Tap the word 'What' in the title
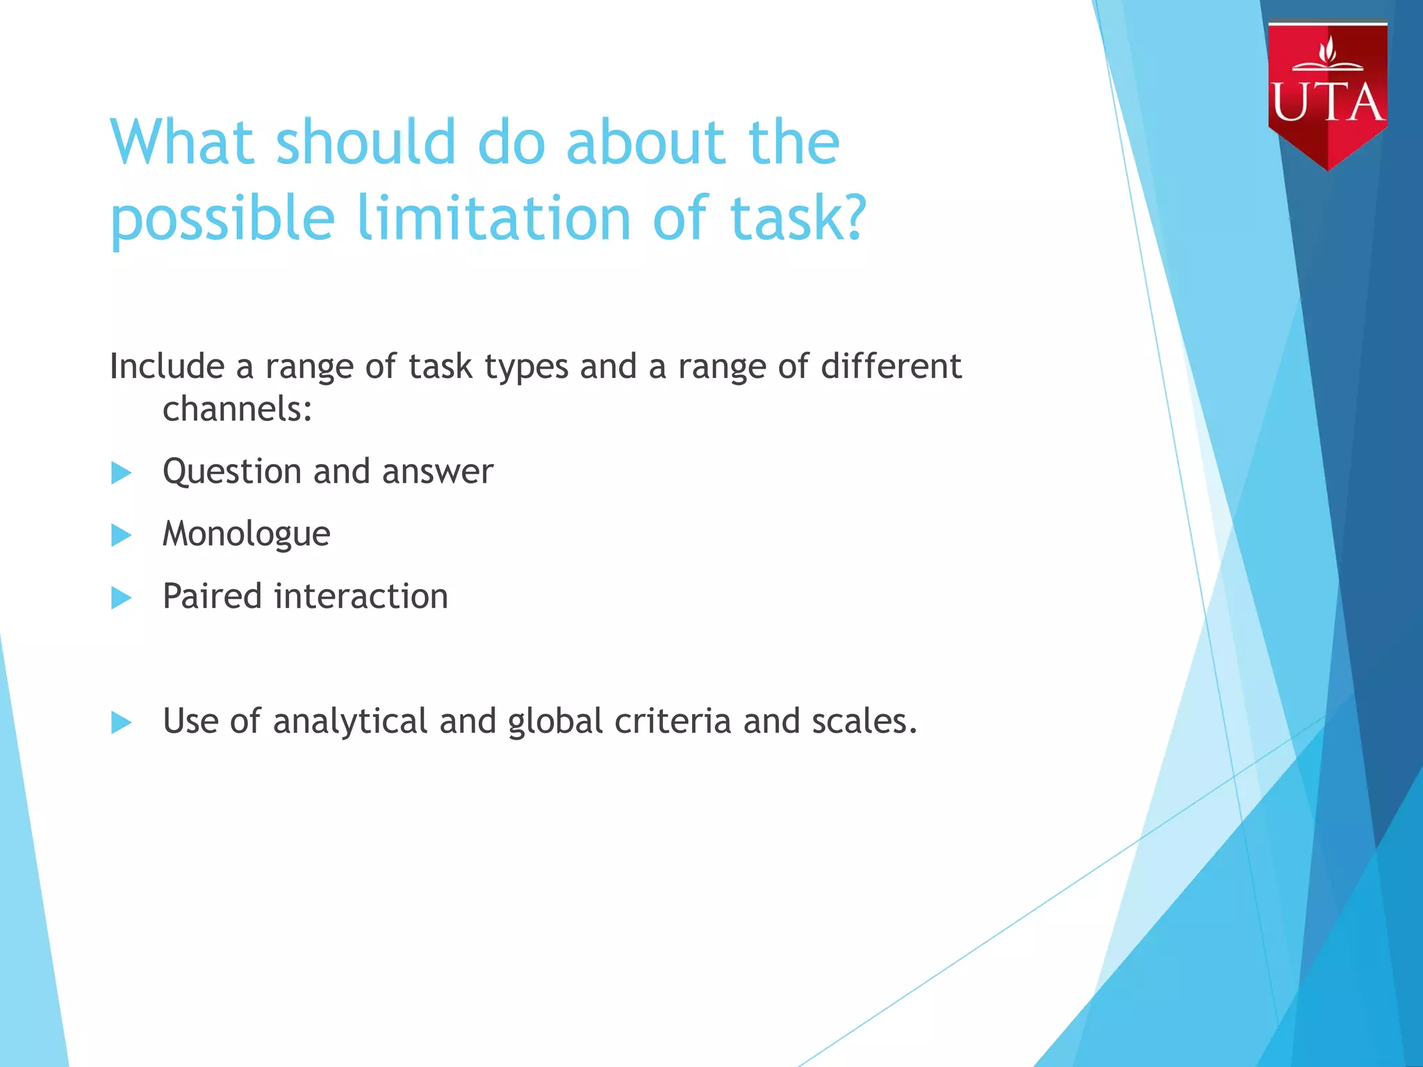(x=182, y=142)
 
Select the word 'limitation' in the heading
(x=494, y=217)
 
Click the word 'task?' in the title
(x=798, y=217)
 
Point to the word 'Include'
(x=167, y=366)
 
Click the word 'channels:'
(x=237, y=408)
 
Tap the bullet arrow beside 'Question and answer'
(x=121, y=473)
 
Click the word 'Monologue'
(x=246, y=535)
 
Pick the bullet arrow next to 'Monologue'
(x=121, y=535)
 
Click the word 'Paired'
(x=212, y=596)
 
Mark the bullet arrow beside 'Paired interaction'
(x=121, y=597)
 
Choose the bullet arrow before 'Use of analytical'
(x=121, y=722)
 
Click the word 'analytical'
(x=349, y=722)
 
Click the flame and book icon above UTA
(x=1328, y=56)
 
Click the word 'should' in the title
(x=365, y=142)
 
